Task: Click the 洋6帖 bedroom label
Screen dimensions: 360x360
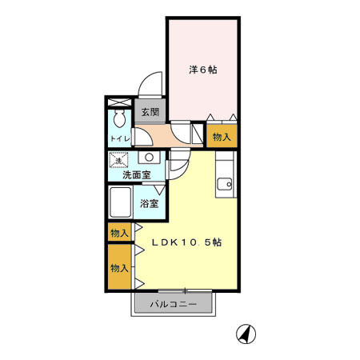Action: [203, 70]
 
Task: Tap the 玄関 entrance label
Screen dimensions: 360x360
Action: [150, 112]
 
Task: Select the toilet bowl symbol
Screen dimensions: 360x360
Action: [118, 118]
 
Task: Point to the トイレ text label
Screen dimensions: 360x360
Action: [120, 138]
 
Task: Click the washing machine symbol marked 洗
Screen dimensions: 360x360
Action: [118, 160]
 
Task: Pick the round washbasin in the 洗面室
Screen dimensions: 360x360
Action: [149, 158]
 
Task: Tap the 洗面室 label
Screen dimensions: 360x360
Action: [137, 175]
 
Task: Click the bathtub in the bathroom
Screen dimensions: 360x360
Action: [121, 202]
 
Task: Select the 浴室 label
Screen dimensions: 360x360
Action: [150, 204]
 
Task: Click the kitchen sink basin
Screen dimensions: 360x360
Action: [224, 184]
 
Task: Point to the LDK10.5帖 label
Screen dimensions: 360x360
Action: [186, 242]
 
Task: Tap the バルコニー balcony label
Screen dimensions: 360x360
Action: [174, 304]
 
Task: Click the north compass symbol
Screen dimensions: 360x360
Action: [246, 334]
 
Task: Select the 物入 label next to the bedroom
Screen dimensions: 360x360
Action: [222, 137]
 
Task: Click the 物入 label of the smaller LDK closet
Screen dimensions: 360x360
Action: [119, 233]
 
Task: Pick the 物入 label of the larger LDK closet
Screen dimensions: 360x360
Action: [119, 268]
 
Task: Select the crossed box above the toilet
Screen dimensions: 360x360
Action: [119, 102]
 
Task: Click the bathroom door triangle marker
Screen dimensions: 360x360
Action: [159, 190]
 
